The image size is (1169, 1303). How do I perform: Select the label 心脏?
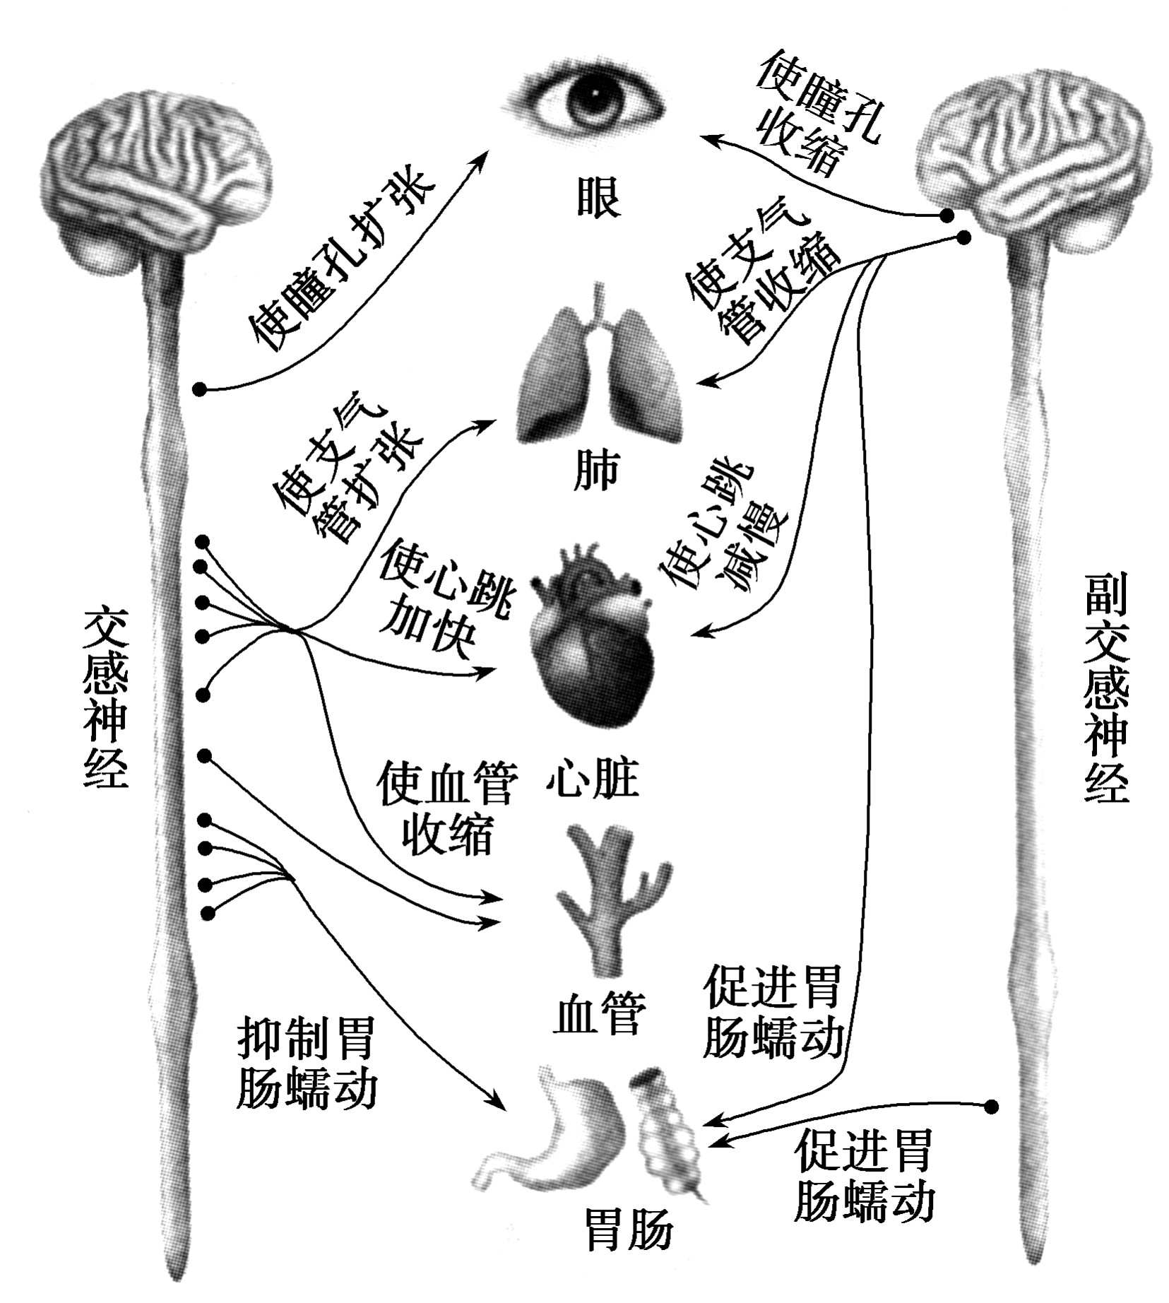[592, 779]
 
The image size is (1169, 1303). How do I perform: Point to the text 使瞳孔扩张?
[339, 261]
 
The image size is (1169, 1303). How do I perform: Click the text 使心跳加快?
[441, 601]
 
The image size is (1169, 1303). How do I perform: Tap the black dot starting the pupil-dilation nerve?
[201, 389]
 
